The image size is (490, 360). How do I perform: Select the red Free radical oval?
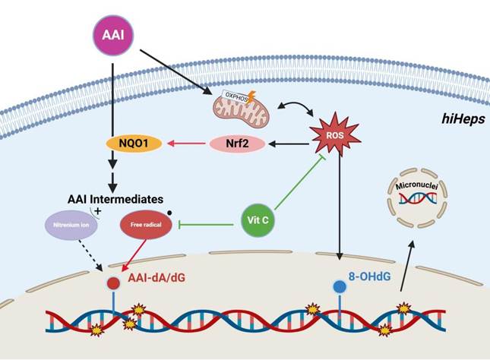[x=146, y=225]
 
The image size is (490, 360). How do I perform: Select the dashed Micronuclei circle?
[x=414, y=195]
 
